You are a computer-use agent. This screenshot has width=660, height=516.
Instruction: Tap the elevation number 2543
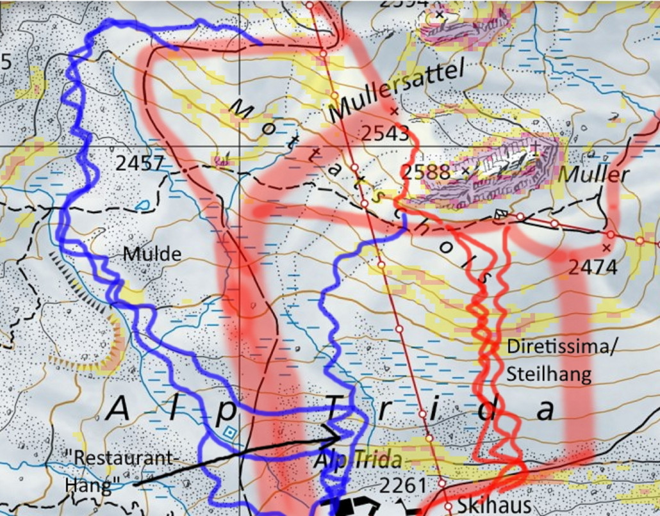384,133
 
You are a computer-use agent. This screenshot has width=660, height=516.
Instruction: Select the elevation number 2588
425,172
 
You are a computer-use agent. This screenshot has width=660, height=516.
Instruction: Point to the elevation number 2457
140,163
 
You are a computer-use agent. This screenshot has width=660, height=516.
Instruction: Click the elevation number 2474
593,266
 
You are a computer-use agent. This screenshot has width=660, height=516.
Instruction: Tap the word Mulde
153,254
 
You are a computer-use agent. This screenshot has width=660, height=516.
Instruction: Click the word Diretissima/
561,347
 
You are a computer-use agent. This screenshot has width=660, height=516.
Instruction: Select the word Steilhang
549,375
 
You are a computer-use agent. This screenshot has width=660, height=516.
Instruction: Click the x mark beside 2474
606,247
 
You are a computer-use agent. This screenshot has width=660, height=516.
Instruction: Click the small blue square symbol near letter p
229,433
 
